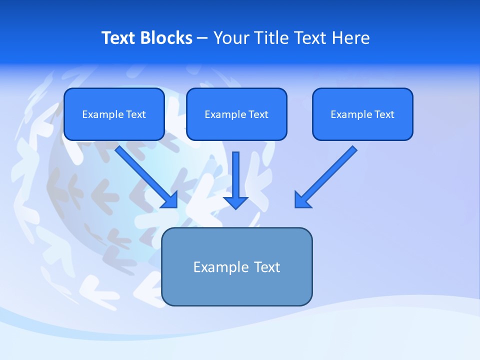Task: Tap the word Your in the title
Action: [230, 38]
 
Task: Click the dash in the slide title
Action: [202, 38]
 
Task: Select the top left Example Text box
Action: [114, 114]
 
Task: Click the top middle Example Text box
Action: [236, 114]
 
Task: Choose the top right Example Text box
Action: [362, 114]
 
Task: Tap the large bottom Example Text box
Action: [236, 267]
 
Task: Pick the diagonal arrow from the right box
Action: [327, 175]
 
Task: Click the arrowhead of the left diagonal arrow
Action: [170, 200]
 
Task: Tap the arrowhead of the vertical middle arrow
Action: [235, 202]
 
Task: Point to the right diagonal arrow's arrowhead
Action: [301, 200]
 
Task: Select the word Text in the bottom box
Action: [267, 267]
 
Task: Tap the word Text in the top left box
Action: [135, 114]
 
